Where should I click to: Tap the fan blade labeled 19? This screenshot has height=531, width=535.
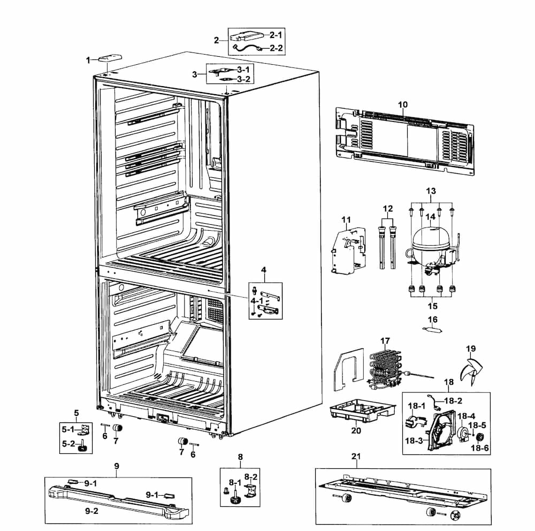tap(470, 370)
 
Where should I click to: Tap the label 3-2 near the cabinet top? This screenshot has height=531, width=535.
tap(243, 79)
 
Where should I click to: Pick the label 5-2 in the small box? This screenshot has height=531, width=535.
tap(68, 444)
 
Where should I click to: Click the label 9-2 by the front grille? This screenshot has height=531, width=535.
tap(92, 511)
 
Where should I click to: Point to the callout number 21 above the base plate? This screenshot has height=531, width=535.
tap(356, 457)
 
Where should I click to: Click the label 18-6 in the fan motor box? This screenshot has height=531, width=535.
tap(479, 447)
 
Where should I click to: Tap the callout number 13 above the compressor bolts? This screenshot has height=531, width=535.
tap(431, 191)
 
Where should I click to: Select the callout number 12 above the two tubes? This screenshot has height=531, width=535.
tap(388, 208)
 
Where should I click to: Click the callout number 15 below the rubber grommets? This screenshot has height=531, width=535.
tap(432, 307)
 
